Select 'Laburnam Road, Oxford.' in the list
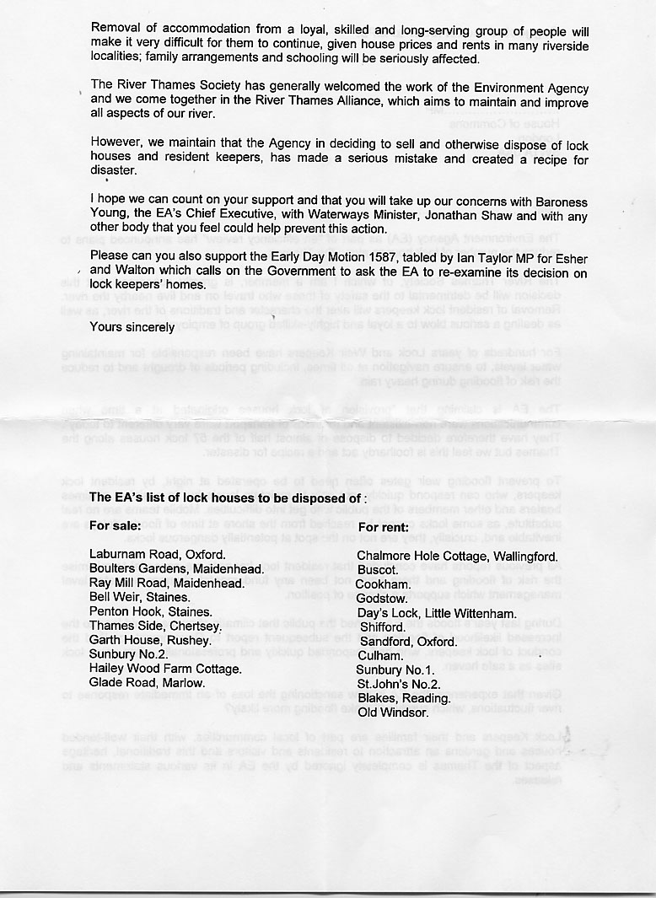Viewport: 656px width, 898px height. [158, 555]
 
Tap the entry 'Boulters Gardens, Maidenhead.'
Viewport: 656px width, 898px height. [177, 569]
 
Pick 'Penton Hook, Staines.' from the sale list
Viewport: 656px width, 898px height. [151, 611]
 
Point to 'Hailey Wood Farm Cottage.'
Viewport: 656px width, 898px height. [166, 669]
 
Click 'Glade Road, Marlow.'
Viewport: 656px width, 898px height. [148, 683]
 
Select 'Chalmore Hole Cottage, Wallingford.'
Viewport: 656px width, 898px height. [457, 557]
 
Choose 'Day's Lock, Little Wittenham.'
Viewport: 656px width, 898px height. [437, 613]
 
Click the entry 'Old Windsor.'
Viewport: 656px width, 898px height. [393, 712]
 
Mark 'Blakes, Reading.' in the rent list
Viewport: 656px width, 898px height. [404, 698]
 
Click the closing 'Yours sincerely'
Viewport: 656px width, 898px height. [132, 327]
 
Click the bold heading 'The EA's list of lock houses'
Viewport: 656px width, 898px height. [228, 497]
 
